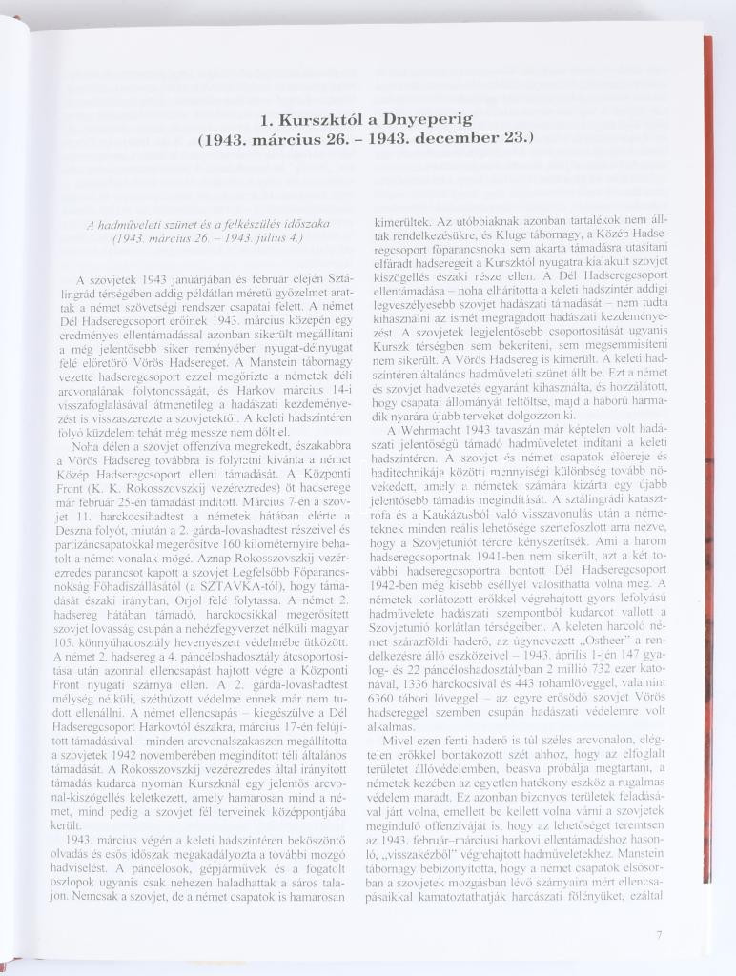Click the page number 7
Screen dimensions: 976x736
[x=659, y=935]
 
